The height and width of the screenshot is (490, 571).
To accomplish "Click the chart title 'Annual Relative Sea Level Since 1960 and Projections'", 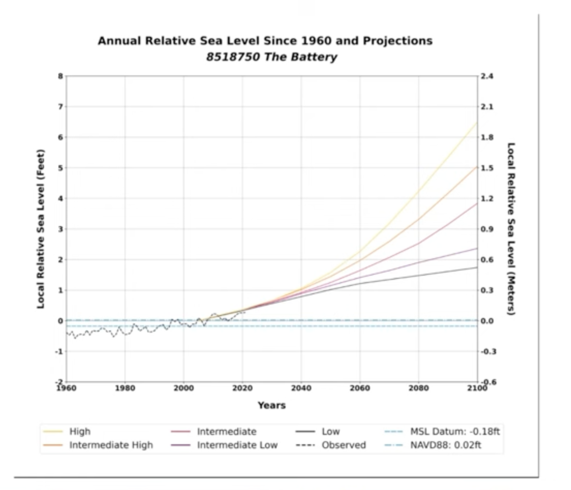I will pos(265,41).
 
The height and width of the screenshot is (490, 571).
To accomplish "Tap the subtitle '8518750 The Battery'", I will pos(271,57).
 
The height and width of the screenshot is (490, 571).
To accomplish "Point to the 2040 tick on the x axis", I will pos(301,388).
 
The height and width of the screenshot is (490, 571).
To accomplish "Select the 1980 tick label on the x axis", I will pos(125,388).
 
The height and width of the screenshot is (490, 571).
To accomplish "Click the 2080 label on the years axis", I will pos(418,388).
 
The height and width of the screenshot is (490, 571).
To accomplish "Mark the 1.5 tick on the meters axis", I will pos(487,168).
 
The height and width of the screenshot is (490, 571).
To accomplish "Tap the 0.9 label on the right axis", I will pos(487,229).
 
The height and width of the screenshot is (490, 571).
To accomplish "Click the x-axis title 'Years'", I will pos(272,405).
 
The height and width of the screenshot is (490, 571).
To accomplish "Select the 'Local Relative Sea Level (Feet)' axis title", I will pos(41,229).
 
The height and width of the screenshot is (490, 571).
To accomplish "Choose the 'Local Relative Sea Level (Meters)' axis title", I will pos(511,229).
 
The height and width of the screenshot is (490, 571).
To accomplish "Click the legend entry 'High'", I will pos(80,431).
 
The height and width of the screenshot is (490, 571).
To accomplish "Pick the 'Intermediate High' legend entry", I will pos(111,445).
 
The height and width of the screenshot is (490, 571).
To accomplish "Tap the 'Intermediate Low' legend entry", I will pos(237,445).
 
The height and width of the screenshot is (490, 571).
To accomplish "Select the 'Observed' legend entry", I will pos(344,445).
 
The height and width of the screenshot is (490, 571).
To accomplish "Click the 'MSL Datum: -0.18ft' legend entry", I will pos(455,431).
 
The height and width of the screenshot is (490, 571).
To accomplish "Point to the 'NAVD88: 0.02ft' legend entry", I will pos(446,445).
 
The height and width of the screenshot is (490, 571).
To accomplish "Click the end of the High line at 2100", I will pos(477,122).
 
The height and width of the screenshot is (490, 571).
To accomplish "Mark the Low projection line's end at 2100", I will pos(477,267).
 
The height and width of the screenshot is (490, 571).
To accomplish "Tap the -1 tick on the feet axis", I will pos(59,352).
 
